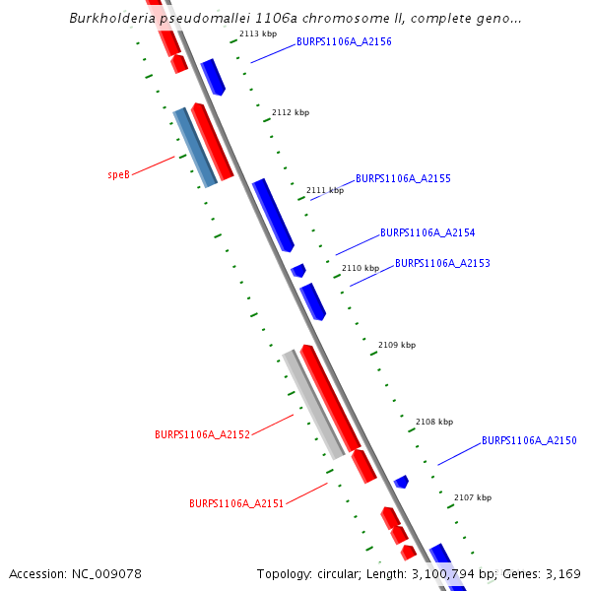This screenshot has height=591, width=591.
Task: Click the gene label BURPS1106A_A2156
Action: click(344, 42)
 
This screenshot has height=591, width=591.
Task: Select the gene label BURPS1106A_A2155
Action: click(403, 178)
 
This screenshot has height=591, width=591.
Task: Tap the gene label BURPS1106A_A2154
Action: click(427, 233)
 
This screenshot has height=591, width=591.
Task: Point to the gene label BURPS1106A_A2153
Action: click(442, 264)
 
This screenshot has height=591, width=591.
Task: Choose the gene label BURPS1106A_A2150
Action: click(529, 440)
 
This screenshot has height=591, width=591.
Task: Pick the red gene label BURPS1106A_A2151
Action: click(236, 503)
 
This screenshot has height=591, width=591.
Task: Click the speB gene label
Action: click(118, 174)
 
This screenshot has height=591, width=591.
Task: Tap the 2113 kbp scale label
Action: click(258, 33)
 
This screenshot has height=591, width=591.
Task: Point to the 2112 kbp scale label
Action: click(291, 112)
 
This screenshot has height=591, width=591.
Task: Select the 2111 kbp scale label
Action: click(325, 190)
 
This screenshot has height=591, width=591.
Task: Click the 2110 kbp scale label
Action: click(361, 268)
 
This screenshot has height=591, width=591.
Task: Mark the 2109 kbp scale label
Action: click(397, 345)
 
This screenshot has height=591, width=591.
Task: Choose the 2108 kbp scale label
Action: click(434, 422)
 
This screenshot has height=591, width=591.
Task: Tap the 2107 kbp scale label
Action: click(472, 498)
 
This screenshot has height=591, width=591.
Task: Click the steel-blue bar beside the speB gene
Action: click(195, 148)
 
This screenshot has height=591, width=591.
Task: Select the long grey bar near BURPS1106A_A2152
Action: click(313, 404)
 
